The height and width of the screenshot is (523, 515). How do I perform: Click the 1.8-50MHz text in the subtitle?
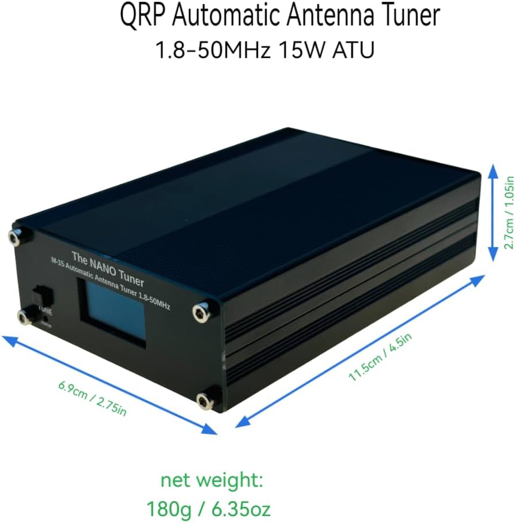[213, 50]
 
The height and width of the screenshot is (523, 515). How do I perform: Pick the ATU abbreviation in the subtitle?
[353, 50]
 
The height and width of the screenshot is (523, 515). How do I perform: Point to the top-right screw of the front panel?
[200, 312]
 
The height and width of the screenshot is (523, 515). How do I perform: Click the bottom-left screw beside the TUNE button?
[24, 315]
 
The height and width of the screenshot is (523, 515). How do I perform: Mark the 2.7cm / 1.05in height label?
[509, 211]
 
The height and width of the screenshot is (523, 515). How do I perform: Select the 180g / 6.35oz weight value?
[209, 509]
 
